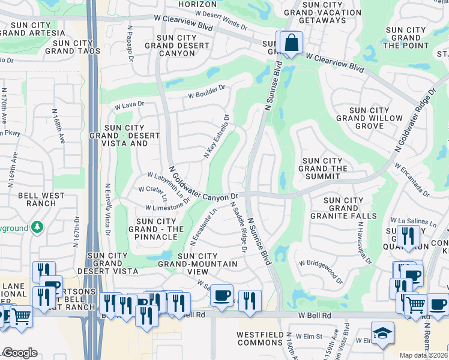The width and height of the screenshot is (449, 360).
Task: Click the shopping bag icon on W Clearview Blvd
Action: click(291, 43)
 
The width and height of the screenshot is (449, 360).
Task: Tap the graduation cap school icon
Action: click(383, 333)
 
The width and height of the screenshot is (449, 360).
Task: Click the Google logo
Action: click(20, 353)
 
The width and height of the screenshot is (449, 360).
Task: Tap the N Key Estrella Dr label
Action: click(217, 136)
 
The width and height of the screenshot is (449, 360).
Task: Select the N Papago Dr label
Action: click(130, 43)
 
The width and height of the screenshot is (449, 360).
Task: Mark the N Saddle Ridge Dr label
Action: click(239, 226)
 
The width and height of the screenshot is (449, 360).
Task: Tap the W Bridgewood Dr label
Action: click(321, 272)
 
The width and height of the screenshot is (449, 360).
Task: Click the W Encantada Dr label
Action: click(412, 179)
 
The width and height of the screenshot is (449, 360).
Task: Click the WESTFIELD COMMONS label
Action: click(260, 338)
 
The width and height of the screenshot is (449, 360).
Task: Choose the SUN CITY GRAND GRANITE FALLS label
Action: click(343, 208)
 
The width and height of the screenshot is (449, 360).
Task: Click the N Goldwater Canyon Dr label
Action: click(203, 184)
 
